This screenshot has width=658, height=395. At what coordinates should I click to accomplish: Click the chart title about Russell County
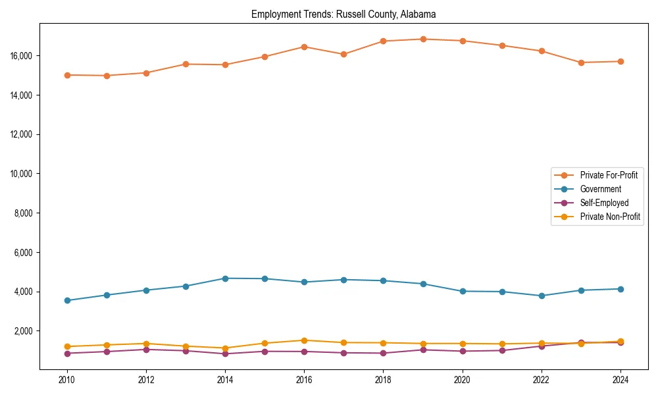pos(343,14)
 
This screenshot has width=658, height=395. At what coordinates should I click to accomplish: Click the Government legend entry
pos(600,189)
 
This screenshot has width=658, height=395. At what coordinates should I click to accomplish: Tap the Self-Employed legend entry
pos(604,203)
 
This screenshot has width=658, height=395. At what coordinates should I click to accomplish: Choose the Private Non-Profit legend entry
pos(610,217)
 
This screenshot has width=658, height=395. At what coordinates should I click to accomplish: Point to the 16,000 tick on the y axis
pos(22,56)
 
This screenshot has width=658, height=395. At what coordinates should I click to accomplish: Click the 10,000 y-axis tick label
pos(22,174)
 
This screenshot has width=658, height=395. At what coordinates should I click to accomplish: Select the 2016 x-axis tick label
pos(304,380)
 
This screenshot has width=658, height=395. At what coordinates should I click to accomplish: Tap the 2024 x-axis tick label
pos(620,380)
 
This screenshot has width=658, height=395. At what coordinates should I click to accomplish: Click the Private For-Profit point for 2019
pos(423,39)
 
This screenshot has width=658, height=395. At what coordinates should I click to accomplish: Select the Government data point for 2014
pos(225,278)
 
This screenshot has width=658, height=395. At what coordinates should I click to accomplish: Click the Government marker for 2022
pos(542,296)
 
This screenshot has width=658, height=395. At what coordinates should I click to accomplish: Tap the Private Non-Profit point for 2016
pos(304,340)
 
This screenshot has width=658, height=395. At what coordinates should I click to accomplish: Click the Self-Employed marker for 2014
pos(225,354)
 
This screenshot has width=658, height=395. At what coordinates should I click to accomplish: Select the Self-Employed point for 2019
pos(423,350)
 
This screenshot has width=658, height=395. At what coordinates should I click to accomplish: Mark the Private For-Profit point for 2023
pos(581,63)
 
